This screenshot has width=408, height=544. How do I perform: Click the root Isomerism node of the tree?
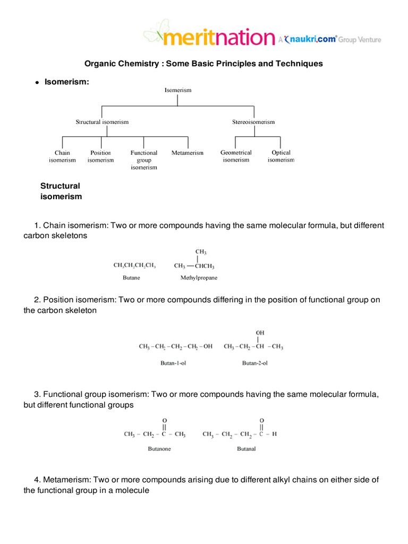[x=177, y=90]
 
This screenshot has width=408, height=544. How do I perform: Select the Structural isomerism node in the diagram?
[x=102, y=122]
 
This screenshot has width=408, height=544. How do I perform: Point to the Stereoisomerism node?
[x=253, y=122]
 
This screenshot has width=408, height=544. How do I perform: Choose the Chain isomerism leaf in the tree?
[x=62, y=156]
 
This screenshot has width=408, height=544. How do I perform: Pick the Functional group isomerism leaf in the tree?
[x=144, y=160]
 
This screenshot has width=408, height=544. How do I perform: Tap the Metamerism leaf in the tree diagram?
[x=188, y=153]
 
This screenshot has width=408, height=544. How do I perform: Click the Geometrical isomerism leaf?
[x=236, y=156]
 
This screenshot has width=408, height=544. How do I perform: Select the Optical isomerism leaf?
[x=281, y=156]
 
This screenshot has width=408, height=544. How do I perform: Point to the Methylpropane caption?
[x=199, y=277]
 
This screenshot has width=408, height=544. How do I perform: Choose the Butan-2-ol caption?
[x=253, y=363]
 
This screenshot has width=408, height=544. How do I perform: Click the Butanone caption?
[x=159, y=448]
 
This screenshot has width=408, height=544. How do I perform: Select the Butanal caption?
[x=246, y=448]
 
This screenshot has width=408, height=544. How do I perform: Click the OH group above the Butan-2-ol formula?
[x=260, y=333]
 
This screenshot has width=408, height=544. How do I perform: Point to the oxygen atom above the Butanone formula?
[x=165, y=419]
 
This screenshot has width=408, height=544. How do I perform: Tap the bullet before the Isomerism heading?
[x=37, y=82]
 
